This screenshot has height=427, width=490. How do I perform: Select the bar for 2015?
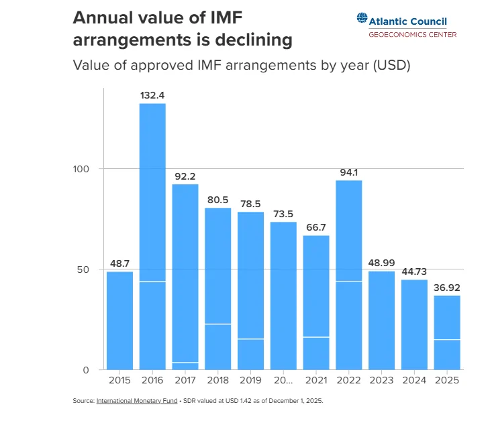pyautogui.click(x=119, y=320)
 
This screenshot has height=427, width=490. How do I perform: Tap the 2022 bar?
pyautogui.click(x=349, y=275)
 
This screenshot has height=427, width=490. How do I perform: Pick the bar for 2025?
pyautogui.click(x=447, y=332)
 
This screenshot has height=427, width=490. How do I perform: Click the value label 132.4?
pyautogui.click(x=152, y=95)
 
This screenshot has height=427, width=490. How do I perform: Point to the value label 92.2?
pyautogui.click(x=185, y=176)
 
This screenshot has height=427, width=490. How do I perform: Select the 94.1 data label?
pyautogui.click(x=349, y=172)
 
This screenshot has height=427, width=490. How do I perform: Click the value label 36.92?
pyautogui.click(x=447, y=288)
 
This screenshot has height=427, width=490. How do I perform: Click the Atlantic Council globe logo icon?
pyautogui.click(x=362, y=20)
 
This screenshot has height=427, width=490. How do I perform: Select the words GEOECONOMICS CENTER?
pyautogui.click(x=412, y=35)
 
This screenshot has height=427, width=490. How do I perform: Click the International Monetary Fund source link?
pyautogui.click(x=137, y=401)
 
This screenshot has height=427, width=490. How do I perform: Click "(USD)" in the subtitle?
pyautogui.click(x=390, y=66)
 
